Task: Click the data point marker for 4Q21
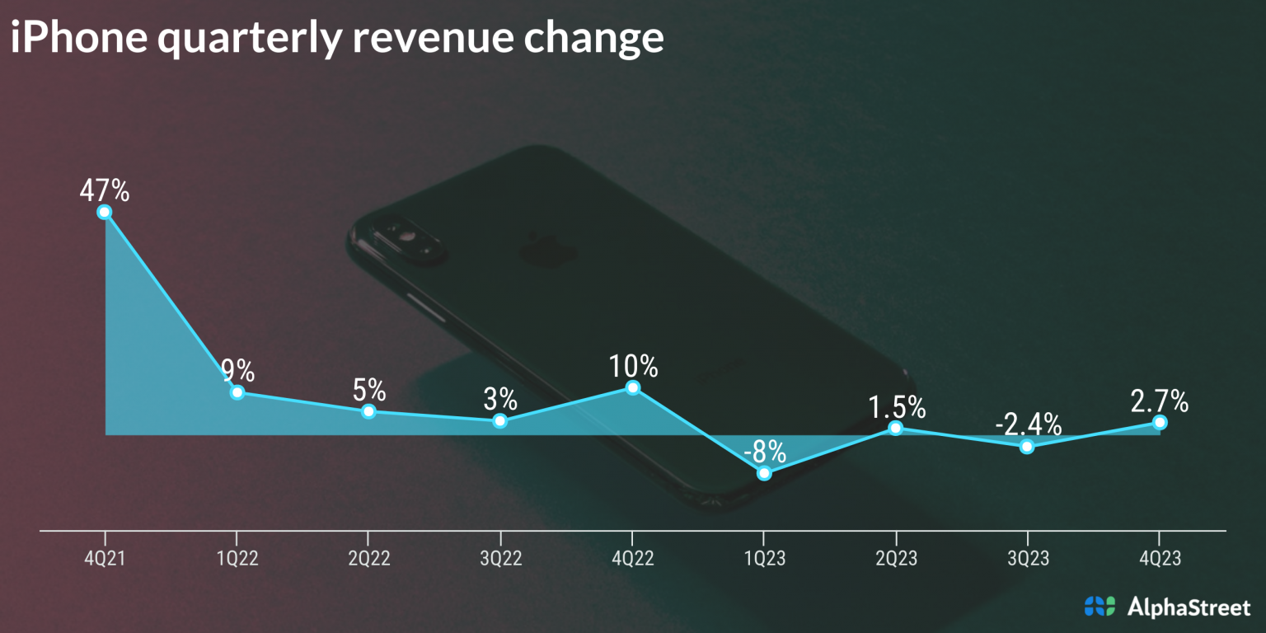pyautogui.click(x=105, y=212)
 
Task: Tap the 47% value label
pyautogui.click(x=105, y=191)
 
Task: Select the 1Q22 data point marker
pyautogui.click(x=237, y=392)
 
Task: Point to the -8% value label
pyautogui.click(x=764, y=452)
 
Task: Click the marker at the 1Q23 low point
pyautogui.click(x=764, y=473)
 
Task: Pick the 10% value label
pyautogui.click(x=633, y=365)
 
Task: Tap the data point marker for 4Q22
pyautogui.click(x=632, y=387)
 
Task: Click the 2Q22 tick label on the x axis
pyautogui.click(x=368, y=559)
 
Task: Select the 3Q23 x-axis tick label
pyautogui.click(x=1028, y=559)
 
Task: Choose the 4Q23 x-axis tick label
pyautogui.click(x=1160, y=559)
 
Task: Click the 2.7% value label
pyautogui.click(x=1160, y=401)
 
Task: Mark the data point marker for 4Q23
pyautogui.click(x=1160, y=422)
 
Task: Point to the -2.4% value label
pyautogui.click(x=1028, y=424)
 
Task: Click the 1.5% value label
pyautogui.click(x=897, y=407)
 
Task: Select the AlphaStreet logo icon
pyautogui.click(x=1099, y=607)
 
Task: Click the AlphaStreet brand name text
pyautogui.click(x=1188, y=607)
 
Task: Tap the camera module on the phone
pyautogui.click(x=407, y=238)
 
